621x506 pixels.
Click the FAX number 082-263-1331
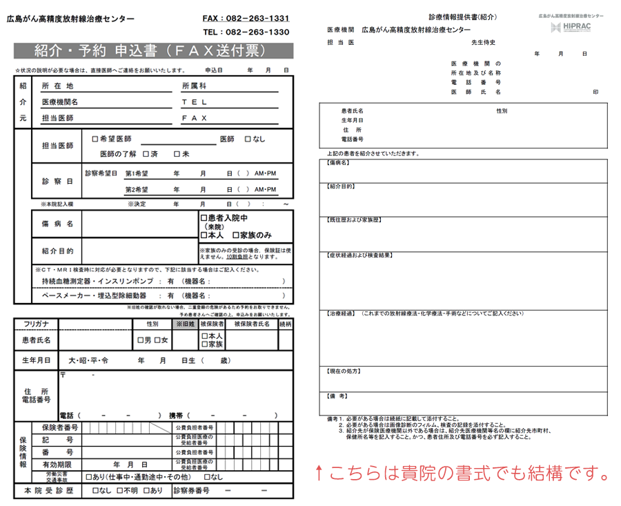coord(246,18)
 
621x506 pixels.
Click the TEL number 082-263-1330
coord(246,32)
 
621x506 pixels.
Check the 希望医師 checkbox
coord(95,139)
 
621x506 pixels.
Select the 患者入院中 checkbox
coord(204,218)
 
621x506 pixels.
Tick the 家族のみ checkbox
coord(236,235)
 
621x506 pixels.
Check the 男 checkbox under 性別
coord(140,340)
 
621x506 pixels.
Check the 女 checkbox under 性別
coord(157,340)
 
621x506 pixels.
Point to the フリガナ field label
coord(36,323)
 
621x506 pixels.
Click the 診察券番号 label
coord(191,491)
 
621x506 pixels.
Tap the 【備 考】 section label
coord(337,396)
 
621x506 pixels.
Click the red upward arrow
coord(318,474)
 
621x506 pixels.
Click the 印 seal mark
coord(595,92)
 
